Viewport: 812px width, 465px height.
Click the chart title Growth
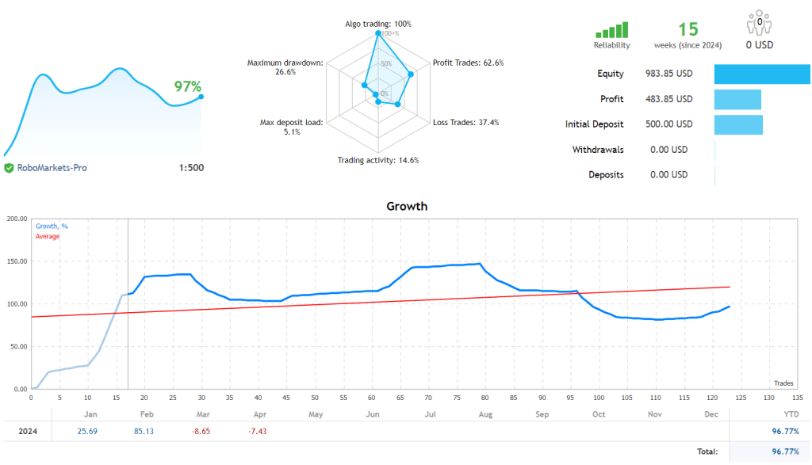tap(406, 206)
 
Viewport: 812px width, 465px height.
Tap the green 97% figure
tap(188, 86)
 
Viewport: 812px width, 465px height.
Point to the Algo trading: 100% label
tap(377, 24)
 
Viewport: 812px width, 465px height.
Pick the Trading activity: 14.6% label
tap(378, 160)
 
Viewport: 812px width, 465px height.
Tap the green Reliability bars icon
tap(612, 30)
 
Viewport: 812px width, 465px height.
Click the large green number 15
tap(688, 29)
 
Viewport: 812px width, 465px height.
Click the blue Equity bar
tap(762, 74)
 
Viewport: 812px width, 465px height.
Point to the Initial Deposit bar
tap(738, 124)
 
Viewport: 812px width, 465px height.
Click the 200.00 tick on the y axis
tap(17, 218)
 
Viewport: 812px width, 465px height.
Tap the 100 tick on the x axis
tap(598, 397)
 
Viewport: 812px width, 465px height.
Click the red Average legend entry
tap(48, 236)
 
